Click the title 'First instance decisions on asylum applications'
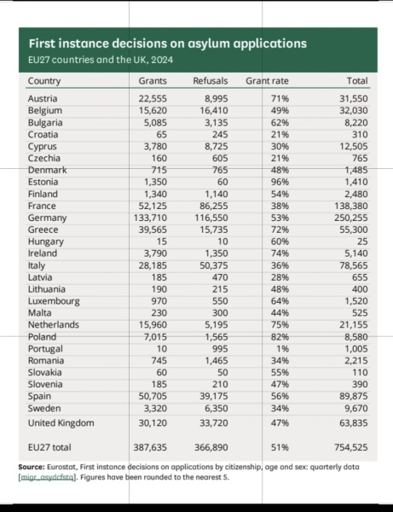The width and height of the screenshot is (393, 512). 168,42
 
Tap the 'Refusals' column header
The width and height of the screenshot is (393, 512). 208,81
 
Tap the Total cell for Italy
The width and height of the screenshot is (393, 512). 352,265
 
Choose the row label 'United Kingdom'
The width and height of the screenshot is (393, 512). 61,422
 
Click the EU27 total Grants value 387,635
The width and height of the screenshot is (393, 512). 152,445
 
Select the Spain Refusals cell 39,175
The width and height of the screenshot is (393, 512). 211,397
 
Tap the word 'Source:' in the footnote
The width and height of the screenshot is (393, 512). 33,468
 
